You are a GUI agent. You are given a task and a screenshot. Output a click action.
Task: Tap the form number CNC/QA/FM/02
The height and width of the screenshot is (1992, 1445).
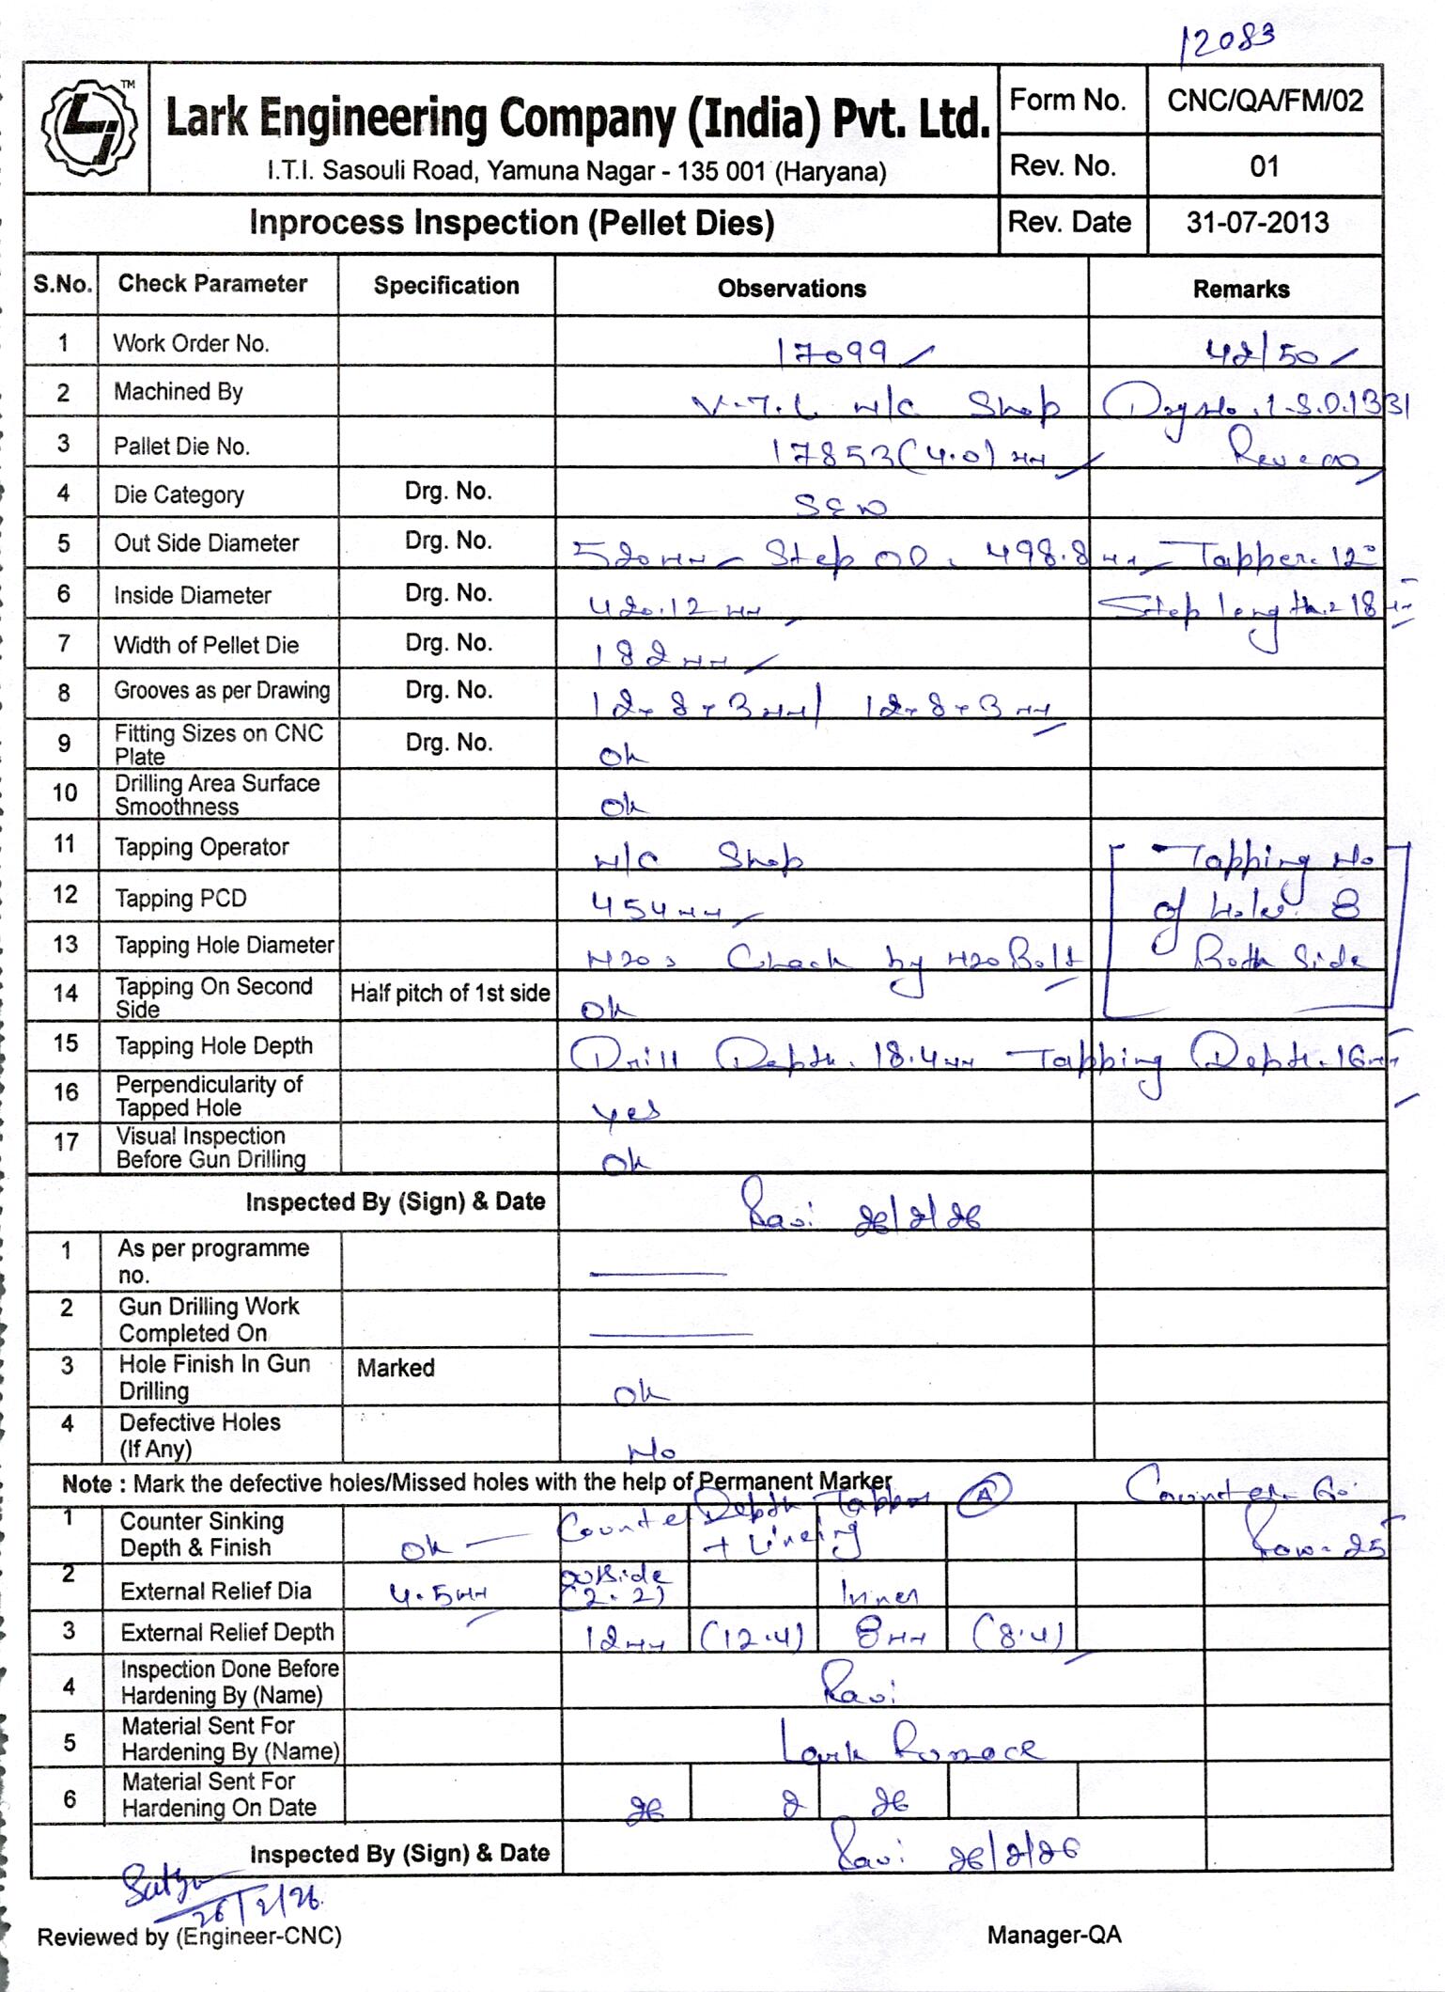(1265, 101)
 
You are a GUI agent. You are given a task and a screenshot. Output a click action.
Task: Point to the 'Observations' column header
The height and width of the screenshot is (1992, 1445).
(791, 289)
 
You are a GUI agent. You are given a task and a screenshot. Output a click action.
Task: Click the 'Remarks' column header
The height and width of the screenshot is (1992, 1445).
(1240, 290)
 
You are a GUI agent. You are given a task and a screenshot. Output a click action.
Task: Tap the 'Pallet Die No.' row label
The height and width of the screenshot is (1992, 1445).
(181, 446)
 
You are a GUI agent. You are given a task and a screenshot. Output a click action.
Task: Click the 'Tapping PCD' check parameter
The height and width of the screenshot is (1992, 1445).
(180, 898)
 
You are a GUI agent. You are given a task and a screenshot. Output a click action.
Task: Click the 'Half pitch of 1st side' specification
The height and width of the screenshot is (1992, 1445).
(449, 994)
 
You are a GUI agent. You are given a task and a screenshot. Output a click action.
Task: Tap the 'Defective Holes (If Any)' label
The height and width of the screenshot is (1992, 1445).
(199, 1435)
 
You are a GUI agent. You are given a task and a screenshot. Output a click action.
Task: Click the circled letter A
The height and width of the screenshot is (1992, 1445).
(984, 1496)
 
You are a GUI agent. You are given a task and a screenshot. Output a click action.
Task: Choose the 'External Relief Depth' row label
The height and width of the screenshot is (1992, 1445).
(226, 1632)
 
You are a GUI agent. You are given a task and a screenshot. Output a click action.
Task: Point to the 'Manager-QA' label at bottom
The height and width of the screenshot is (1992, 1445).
(1053, 1935)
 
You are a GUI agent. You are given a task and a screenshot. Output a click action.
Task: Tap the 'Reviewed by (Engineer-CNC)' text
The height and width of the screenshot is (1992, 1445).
(189, 1936)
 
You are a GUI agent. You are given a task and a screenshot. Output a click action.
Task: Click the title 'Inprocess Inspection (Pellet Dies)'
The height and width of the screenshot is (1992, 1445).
(511, 223)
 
